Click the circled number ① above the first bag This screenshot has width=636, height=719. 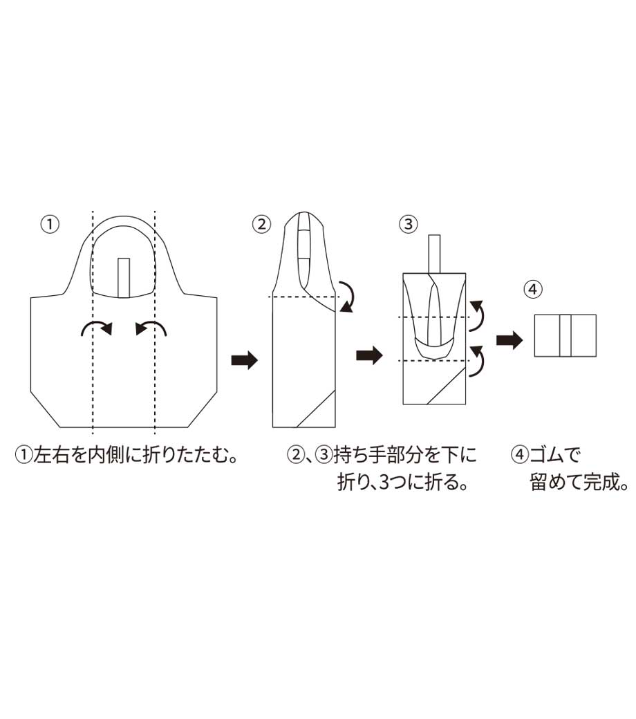(x=50, y=224)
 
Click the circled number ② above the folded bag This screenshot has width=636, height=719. (x=261, y=224)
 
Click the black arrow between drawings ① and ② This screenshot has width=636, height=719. (x=243, y=360)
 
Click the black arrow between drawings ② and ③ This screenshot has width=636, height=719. (x=368, y=356)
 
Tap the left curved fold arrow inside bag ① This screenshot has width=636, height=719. (x=96, y=328)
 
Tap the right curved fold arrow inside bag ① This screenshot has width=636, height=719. (x=151, y=328)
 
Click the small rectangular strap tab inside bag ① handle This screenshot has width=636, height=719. (x=124, y=277)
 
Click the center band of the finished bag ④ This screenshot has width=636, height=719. (x=565, y=336)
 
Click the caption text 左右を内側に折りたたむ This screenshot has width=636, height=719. (x=135, y=456)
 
